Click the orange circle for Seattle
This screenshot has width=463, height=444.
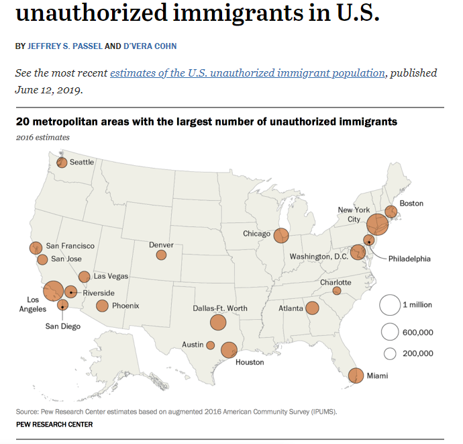(x=62, y=162)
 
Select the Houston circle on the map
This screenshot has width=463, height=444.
(x=229, y=350)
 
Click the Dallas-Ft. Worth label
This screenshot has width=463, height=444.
(x=220, y=308)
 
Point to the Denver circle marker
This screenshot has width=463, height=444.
(x=161, y=255)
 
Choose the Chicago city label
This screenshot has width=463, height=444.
(x=257, y=234)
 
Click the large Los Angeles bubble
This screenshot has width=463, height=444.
(x=53, y=291)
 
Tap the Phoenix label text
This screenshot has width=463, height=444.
(x=125, y=306)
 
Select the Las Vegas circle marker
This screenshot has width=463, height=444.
(x=85, y=276)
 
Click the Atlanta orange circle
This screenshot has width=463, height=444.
(x=312, y=308)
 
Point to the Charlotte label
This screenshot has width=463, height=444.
(x=336, y=282)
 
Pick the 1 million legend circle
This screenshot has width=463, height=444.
(x=389, y=305)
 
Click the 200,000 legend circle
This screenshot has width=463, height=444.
(x=389, y=353)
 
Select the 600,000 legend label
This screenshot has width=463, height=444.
(x=417, y=332)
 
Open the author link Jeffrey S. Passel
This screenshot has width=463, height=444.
(x=64, y=46)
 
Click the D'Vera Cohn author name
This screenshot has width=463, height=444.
(x=150, y=46)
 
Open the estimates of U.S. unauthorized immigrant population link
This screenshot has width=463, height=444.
(x=248, y=73)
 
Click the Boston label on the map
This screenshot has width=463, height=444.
(x=411, y=203)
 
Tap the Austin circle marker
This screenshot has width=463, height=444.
(x=211, y=345)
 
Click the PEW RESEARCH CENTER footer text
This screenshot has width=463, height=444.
(x=54, y=425)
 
